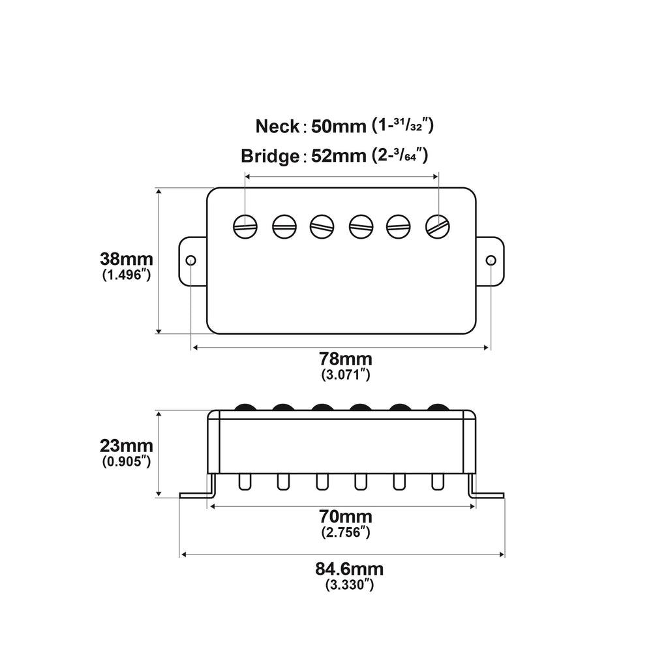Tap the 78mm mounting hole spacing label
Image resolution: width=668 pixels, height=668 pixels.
pos(346,359)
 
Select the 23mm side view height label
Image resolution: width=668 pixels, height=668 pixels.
pos(127,446)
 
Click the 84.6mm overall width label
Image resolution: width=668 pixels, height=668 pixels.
pos(350,569)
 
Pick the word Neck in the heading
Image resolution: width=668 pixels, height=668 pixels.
pos(277,125)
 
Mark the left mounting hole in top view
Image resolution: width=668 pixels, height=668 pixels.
pos(190,261)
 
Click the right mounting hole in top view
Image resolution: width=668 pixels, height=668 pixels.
pos(491,261)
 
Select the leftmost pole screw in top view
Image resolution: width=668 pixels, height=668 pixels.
pos(245,226)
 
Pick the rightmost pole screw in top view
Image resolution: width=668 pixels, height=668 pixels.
pos(438,226)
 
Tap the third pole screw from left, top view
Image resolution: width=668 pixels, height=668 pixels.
pos(322,226)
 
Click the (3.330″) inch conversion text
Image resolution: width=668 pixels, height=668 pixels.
pos(350,585)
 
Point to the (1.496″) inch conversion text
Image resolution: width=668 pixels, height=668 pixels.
pos(127,275)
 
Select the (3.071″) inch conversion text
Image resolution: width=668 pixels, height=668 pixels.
pos(346,375)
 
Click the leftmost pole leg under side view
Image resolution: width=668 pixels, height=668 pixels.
pos(245,481)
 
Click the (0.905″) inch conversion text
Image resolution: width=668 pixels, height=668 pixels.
pos(127,462)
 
